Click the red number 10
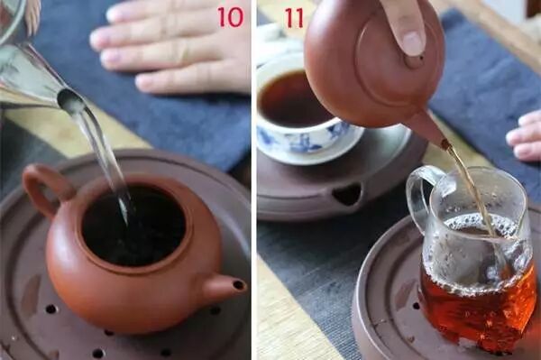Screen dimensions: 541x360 (x=230, y=17)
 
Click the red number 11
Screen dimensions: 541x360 (x=294, y=18)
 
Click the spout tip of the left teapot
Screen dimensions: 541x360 (x=239, y=285)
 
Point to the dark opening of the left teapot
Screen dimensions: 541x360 (x=133, y=226)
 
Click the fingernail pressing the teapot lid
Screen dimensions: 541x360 (x=412, y=42)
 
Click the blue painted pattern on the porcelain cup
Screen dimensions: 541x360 (x=301, y=139)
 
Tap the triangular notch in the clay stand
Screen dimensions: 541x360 (x=347, y=194)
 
